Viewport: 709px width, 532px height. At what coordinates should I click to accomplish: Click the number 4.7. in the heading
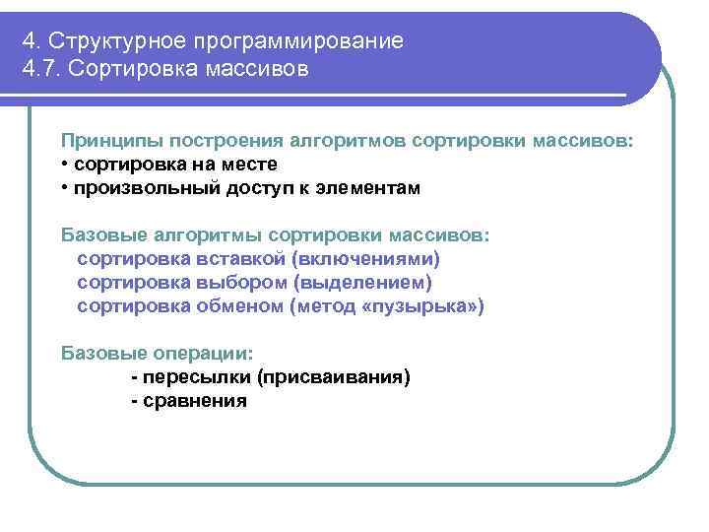click(x=40, y=70)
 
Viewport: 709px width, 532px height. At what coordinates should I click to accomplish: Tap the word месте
click(x=246, y=164)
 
